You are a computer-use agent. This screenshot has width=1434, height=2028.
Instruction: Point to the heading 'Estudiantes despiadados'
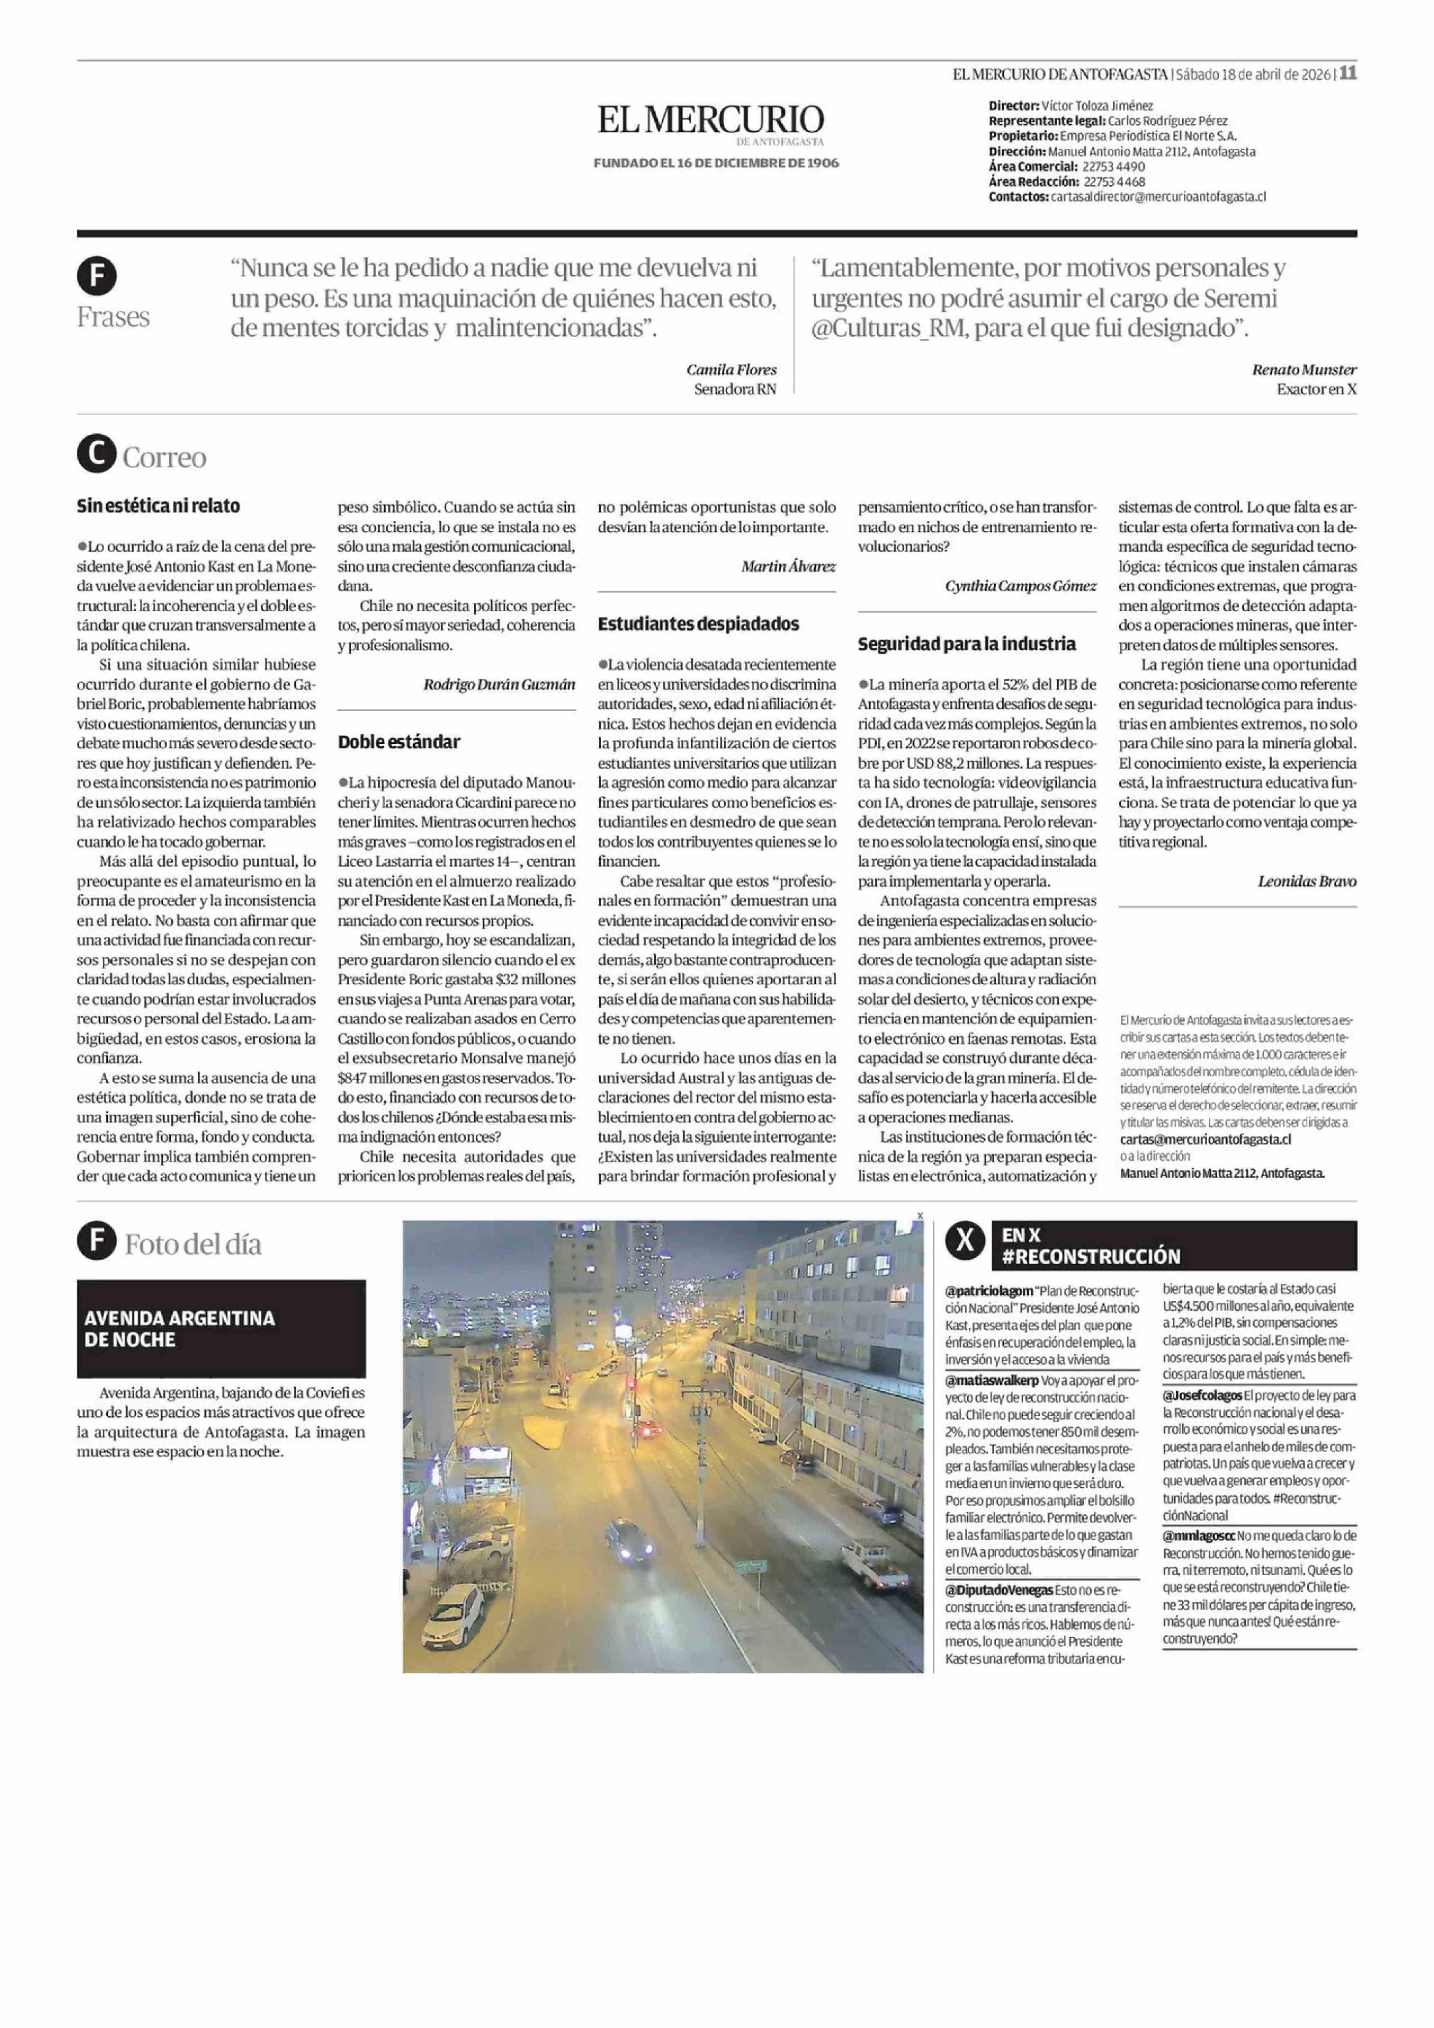point(698,624)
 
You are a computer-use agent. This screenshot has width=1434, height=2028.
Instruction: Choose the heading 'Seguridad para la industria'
point(967,644)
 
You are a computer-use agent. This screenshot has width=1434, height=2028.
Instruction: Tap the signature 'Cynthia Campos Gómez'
point(1020,586)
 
